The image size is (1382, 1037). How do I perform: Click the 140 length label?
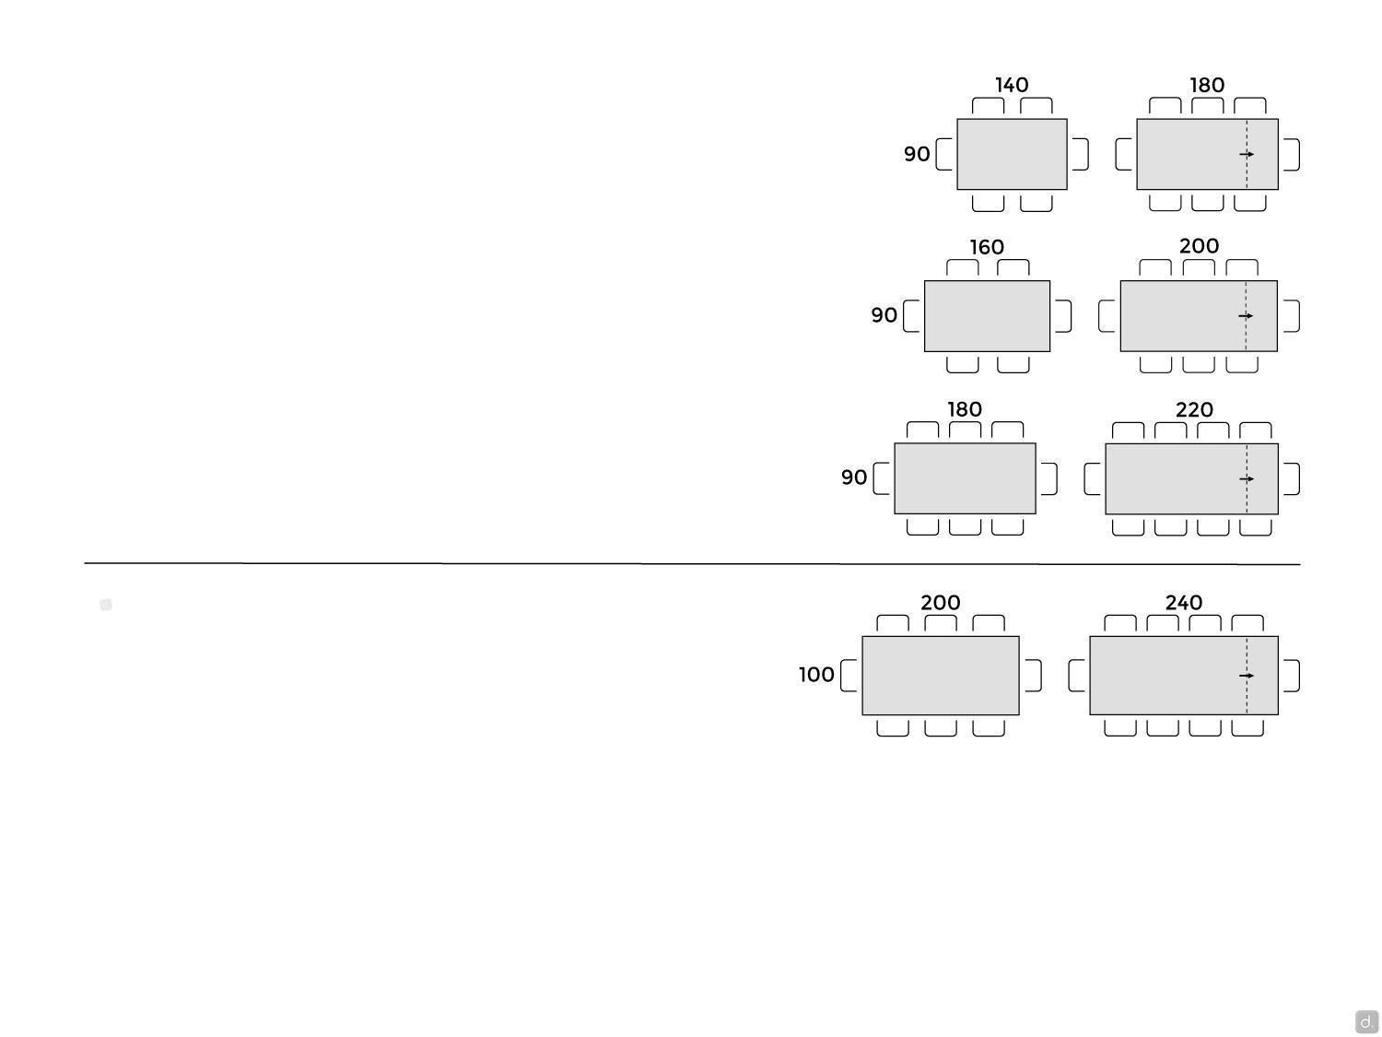click(1011, 85)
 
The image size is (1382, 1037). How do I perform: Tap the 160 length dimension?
click(987, 247)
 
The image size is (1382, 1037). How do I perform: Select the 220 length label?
click(1194, 410)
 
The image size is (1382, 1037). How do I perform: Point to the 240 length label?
click(1184, 603)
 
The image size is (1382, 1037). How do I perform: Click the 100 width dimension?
click(816, 675)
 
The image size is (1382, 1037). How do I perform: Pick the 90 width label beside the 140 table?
click(917, 154)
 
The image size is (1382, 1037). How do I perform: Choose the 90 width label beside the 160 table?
click(884, 315)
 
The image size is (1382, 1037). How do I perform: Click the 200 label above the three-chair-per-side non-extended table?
click(941, 603)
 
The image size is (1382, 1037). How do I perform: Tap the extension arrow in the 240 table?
click(1246, 676)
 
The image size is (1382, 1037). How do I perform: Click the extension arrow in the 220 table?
click(1246, 478)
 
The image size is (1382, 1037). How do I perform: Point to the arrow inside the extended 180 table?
click(1246, 154)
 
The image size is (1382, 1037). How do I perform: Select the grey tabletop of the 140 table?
click(1012, 154)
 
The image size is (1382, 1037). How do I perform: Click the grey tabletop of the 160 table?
click(987, 316)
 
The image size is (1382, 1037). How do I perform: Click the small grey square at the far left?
click(106, 605)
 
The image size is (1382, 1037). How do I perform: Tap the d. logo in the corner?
click(1366, 1021)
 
